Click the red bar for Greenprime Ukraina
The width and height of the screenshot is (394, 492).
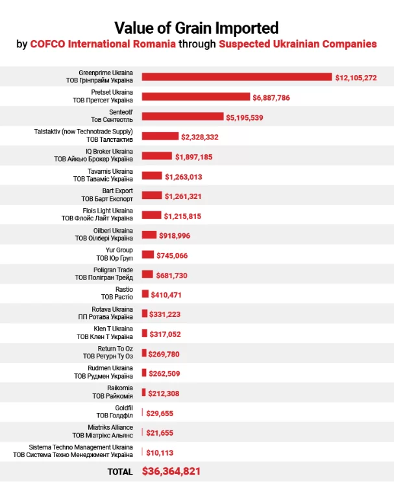[237, 77]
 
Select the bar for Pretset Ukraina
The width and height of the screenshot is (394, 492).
[196, 97]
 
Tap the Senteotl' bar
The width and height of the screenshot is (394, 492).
[182, 117]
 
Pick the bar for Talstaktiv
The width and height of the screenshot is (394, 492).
[160, 136]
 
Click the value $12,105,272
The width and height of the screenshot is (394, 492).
[356, 78]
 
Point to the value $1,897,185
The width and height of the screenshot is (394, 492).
[193, 156]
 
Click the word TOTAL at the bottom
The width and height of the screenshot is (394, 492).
[120, 472]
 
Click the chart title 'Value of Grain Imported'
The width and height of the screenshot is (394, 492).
[197, 28]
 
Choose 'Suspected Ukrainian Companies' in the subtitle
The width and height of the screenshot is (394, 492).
[298, 45]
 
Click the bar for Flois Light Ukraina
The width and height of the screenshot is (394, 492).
[151, 215]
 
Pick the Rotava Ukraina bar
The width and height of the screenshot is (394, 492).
[145, 314]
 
